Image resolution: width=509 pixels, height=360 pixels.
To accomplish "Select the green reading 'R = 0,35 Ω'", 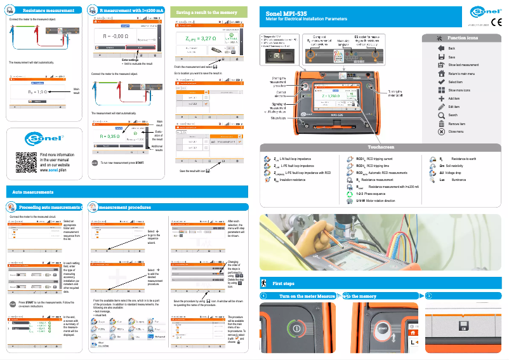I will tap(110, 136).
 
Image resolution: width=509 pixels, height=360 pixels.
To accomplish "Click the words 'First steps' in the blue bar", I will tap(283, 283).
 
